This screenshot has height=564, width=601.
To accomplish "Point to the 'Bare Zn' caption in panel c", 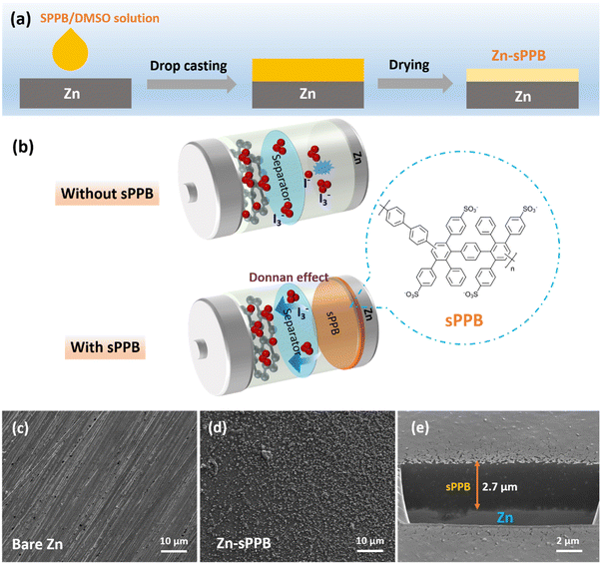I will [x=44, y=542].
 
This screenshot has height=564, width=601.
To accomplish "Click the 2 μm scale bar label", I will [x=568, y=543].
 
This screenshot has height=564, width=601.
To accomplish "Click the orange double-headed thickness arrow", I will [x=479, y=485].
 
